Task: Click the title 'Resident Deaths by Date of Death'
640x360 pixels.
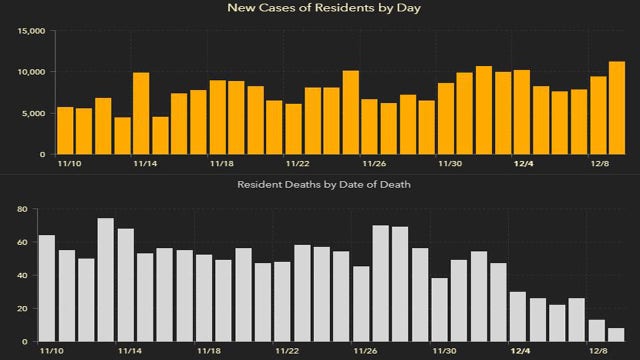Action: [323, 185]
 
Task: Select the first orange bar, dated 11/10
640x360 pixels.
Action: [65, 130]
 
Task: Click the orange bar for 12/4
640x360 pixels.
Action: [521, 112]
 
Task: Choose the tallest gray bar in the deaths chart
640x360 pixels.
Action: [105, 280]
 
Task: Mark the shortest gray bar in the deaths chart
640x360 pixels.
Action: [616, 335]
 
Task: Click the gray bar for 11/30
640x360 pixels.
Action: [439, 310]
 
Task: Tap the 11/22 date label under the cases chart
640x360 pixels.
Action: [298, 163]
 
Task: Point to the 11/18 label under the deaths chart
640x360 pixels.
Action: [209, 351]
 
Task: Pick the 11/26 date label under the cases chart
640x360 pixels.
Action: [374, 163]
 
